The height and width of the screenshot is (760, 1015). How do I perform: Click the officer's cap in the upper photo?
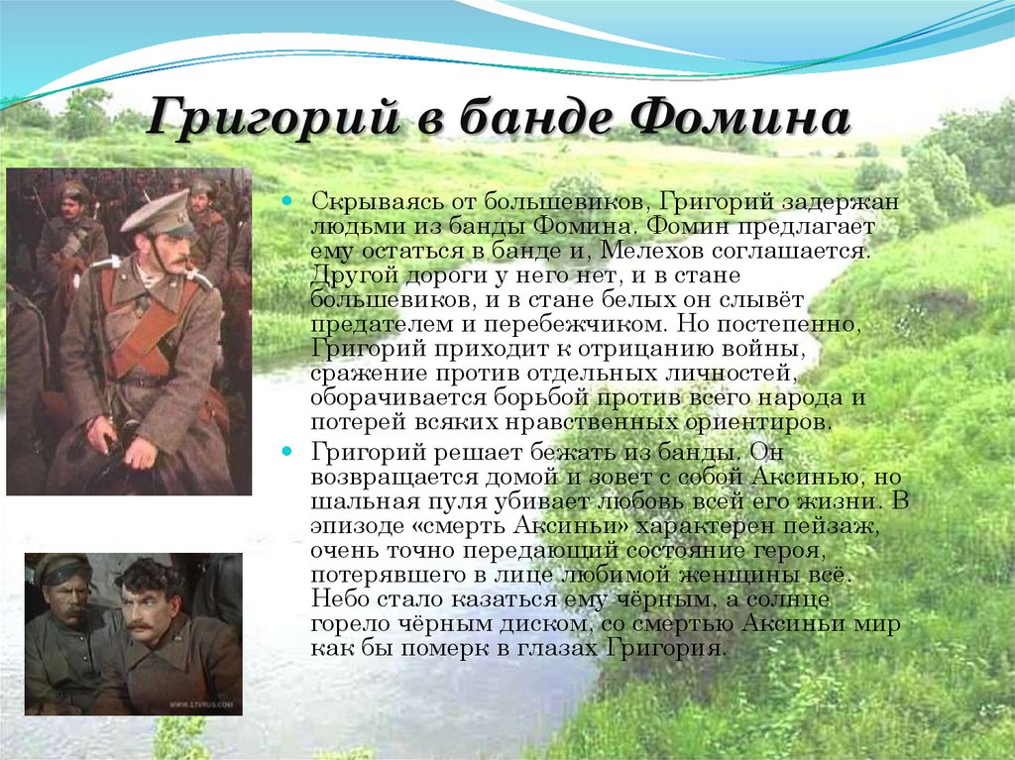[160, 212]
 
